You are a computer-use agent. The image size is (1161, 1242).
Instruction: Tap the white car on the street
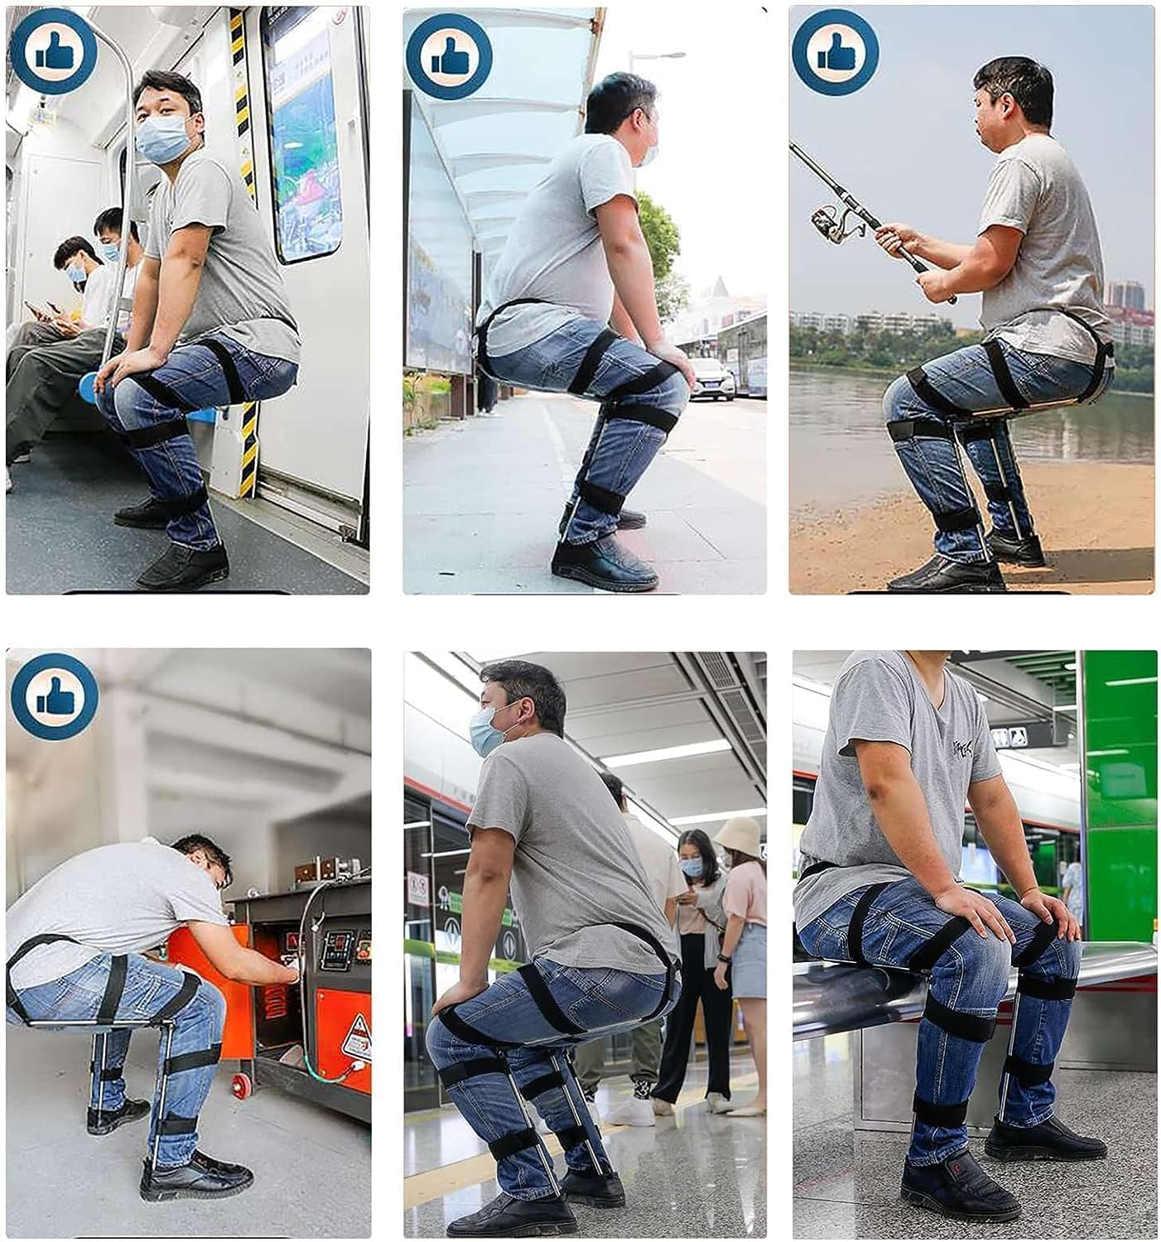[x=713, y=378]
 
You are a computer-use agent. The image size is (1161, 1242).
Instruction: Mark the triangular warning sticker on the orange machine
[x=357, y=1032]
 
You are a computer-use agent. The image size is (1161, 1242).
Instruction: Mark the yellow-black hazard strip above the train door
[x=239, y=83]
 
